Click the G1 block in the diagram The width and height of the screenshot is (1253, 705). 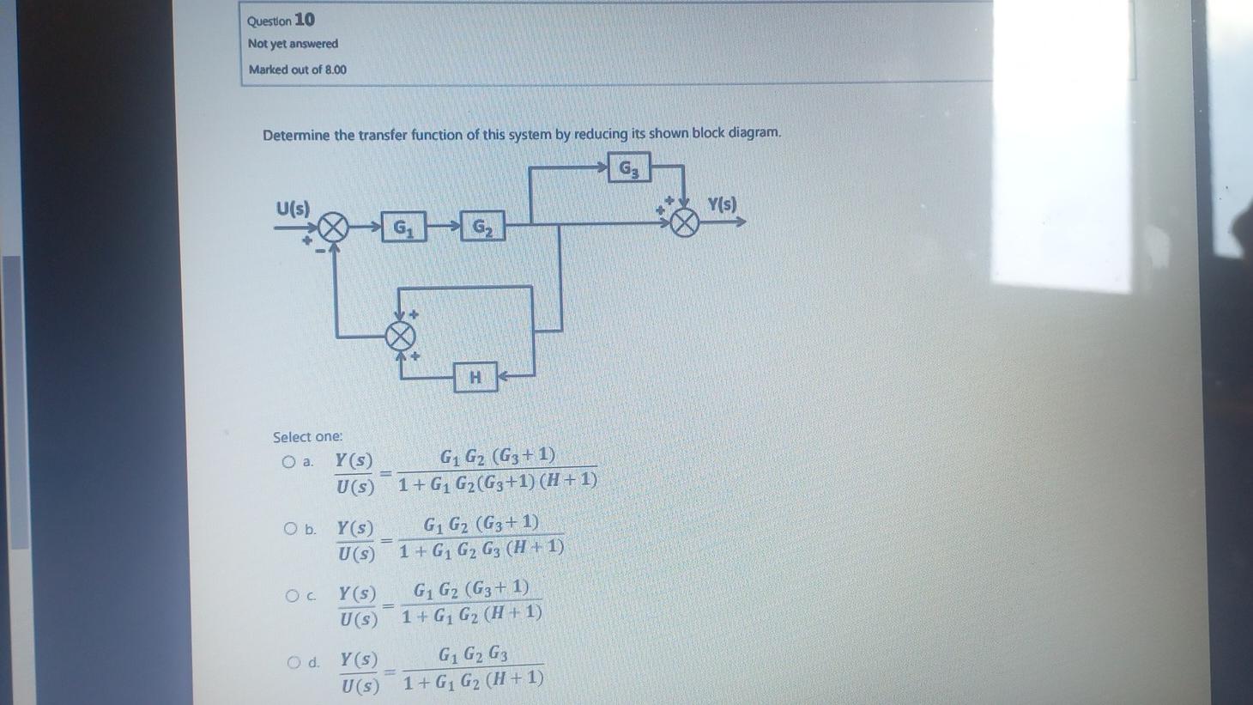403,228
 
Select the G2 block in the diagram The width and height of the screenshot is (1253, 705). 482,228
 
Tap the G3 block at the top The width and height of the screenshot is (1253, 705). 629,168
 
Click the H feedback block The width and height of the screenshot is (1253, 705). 475,377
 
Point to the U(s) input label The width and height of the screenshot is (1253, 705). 293,208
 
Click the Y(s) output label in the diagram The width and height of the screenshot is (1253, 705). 722,204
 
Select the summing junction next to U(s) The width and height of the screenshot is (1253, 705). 333,228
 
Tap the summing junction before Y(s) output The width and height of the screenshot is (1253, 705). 684,223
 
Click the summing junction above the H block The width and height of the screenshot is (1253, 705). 399,336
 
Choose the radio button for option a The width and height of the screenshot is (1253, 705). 288,462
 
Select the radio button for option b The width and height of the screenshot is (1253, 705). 291,529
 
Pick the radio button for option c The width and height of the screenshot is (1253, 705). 293,595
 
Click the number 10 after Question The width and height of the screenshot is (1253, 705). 305,19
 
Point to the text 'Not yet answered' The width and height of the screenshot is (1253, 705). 293,44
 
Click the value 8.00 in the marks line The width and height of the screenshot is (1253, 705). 336,70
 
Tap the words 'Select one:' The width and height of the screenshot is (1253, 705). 307,437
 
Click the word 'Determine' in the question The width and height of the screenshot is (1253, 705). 296,135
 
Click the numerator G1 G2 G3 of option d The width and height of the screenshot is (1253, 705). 473,654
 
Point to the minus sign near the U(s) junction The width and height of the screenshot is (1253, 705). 320,251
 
